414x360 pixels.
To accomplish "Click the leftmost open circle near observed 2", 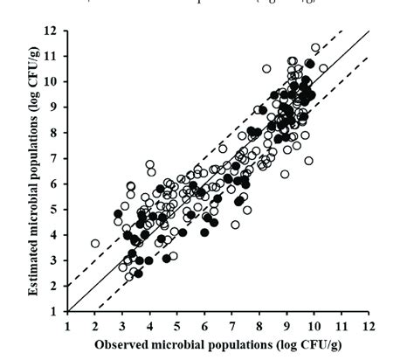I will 95,244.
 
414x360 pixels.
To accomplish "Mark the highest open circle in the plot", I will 315,48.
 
